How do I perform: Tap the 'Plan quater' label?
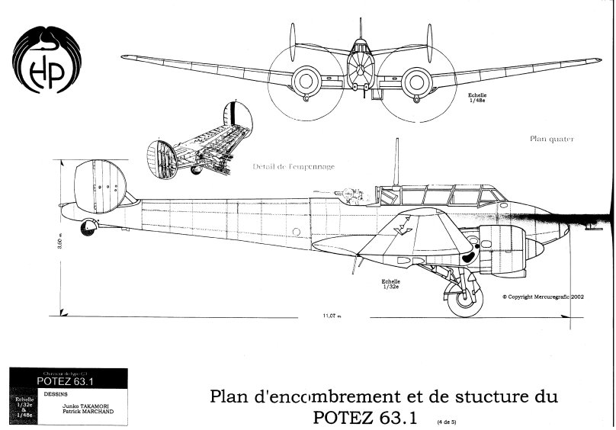tap(551, 140)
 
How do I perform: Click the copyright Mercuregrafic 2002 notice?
tap(543, 298)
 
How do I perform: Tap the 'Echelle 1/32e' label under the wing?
tap(393, 284)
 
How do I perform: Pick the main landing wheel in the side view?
tap(461, 302)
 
